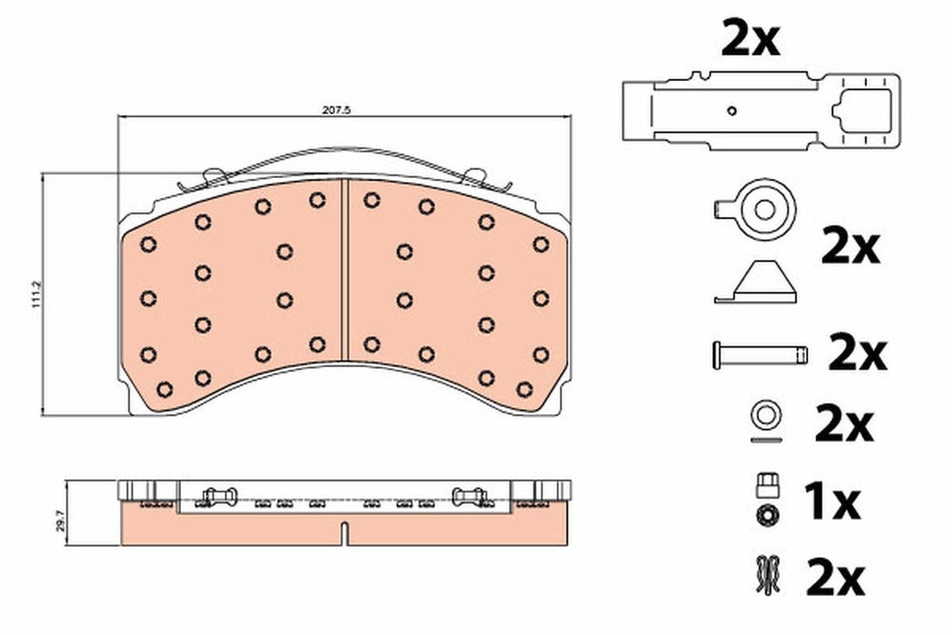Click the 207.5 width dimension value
tap(337, 109)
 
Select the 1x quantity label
tap(831, 502)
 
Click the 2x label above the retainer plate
tap(750, 38)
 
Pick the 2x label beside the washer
tap(843, 425)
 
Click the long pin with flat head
tap(760, 354)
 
